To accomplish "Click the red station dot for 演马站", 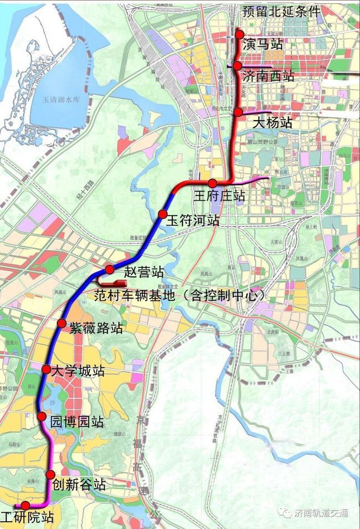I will [240, 34].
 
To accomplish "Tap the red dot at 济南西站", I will [237, 66].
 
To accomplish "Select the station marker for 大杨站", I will [238, 112].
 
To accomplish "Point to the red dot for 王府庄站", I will [213, 183].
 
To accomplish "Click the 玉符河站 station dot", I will [162, 214].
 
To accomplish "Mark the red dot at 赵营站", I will [110, 269].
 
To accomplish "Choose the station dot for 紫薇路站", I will [61, 323].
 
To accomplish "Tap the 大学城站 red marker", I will [47, 369].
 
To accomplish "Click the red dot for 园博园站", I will [42, 417].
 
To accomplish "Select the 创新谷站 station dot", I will [50, 474].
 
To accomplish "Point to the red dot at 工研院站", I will [25, 505].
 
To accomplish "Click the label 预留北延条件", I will [282, 11].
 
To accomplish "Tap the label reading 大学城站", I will [78, 371].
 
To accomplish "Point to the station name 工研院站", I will [28, 518].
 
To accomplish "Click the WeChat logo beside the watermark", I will [286, 513].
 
